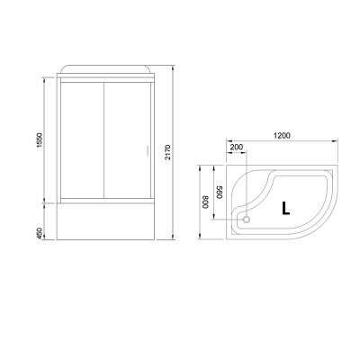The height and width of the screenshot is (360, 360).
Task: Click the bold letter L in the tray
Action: (285, 208)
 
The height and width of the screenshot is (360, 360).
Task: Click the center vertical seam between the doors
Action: (103, 144)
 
